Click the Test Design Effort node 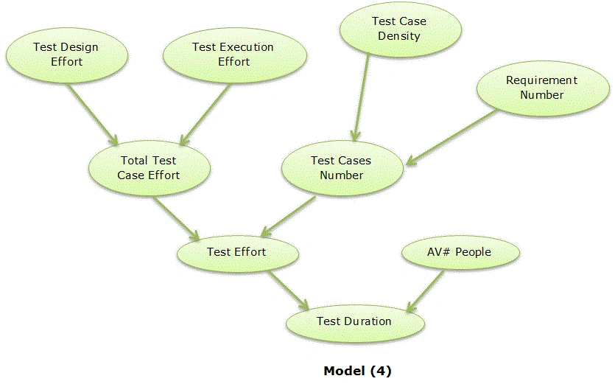pyautogui.click(x=67, y=55)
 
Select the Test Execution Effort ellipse pyautogui.click(x=234, y=55)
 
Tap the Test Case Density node pyautogui.click(x=401, y=29)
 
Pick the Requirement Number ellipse pyautogui.click(x=543, y=88)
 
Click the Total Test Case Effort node pyautogui.click(x=150, y=168)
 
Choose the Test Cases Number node pyautogui.click(x=342, y=168)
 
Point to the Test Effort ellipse pyautogui.click(x=238, y=253)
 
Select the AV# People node pyautogui.click(x=460, y=252)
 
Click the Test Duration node pyautogui.click(x=355, y=323)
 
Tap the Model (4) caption pyautogui.click(x=357, y=371)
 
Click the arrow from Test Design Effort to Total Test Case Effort pyautogui.click(x=93, y=114)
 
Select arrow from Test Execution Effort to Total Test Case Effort pyautogui.click(x=204, y=114)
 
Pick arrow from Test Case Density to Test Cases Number pyautogui.click(x=361, y=97)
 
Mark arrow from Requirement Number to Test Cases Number pyautogui.click(x=451, y=137)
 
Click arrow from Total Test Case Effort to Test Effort pyautogui.click(x=176, y=218)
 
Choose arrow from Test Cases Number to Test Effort pyautogui.click(x=288, y=217)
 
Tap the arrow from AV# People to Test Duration pyautogui.click(x=425, y=291)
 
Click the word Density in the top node pyautogui.click(x=399, y=36)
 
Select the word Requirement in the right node pyautogui.click(x=541, y=80)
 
